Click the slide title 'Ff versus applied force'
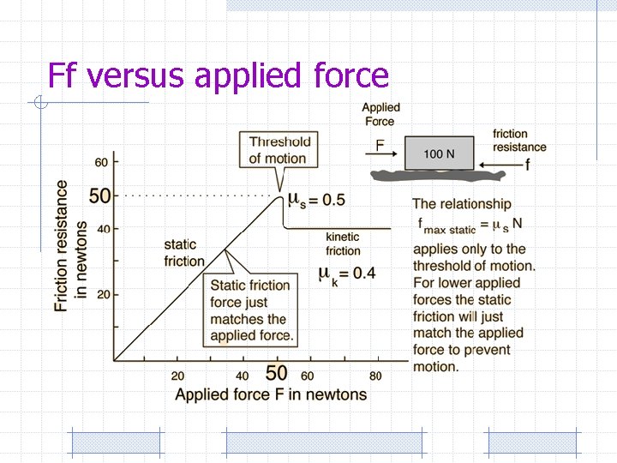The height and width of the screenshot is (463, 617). [x=219, y=75]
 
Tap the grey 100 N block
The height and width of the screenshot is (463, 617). [x=439, y=153]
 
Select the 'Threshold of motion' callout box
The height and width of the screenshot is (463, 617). [x=279, y=149]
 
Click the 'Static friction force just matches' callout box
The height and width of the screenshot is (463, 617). [x=251, y=310]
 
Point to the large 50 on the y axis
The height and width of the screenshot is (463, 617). [x=99, y=195]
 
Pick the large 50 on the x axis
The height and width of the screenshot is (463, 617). [x=276, y=374]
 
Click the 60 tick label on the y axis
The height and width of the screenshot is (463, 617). [x=101, y=162]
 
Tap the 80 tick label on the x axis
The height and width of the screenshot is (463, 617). [x=375, y=376]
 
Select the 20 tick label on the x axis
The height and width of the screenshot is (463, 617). [x=177, y=376]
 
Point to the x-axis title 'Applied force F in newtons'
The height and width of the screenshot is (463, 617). [x=271, y=394]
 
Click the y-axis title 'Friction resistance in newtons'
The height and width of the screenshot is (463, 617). [x=71, y=245]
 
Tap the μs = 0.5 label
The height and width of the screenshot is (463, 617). [x=315, y=200]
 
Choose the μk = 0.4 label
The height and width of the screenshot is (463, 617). [x=346, y=274]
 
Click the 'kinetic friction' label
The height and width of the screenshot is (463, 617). [x=343, y=244]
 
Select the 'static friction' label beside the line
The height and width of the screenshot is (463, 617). [x=183, y=253]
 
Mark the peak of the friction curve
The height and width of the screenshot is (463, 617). [x=279, y=196]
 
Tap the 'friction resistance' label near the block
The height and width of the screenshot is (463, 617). [x=518, y=141]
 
